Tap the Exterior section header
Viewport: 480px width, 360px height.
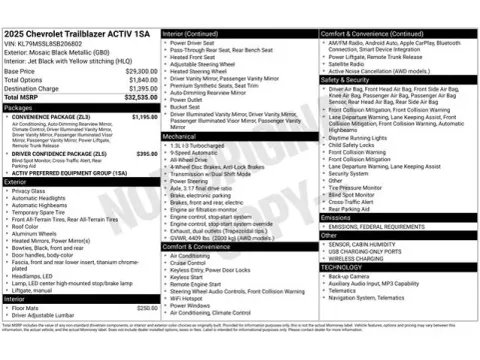16,182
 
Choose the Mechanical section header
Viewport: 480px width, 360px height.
182,135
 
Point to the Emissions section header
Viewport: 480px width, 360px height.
336,217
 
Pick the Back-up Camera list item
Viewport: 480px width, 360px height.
350,275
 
